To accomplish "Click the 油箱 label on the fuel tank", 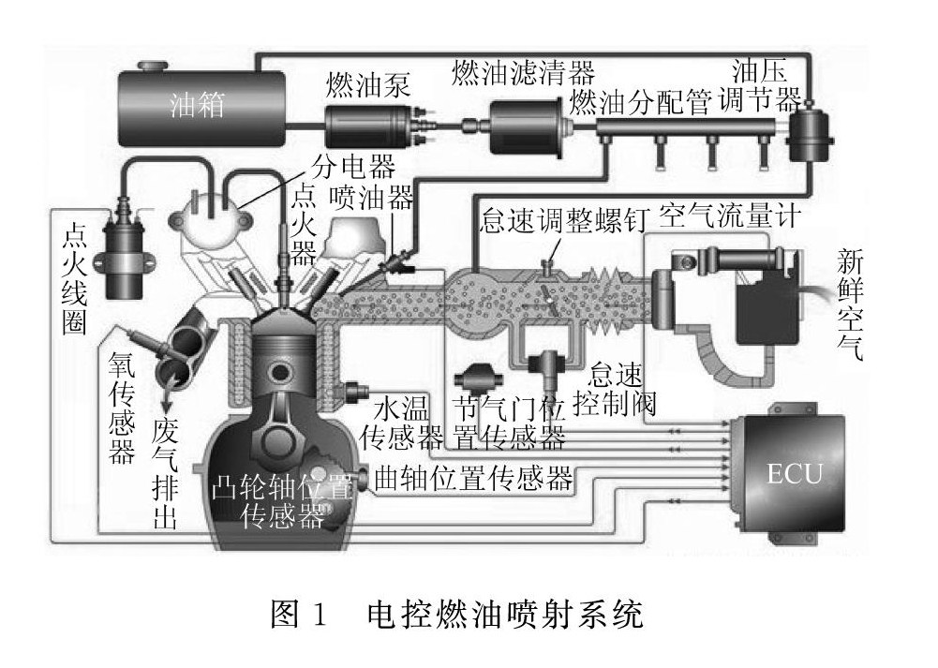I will tap(198, 105).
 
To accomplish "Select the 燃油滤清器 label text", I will tap(523, 71).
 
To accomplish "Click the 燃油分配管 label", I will tap(639, 101).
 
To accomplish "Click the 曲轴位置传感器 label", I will tap(473, 479).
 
